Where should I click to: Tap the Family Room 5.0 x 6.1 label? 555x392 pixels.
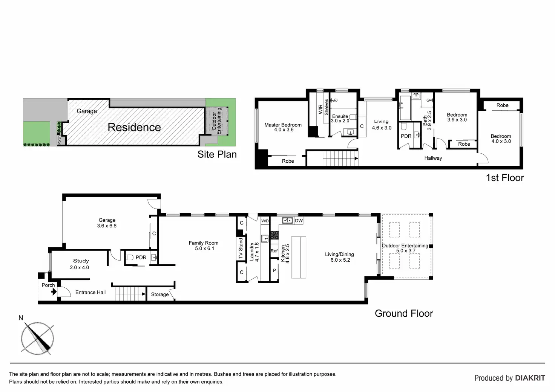point(204,246)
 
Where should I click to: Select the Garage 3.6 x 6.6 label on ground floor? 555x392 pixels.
point(107,223)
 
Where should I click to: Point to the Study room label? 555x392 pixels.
point(81,261)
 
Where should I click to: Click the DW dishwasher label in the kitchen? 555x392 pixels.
point(299,221)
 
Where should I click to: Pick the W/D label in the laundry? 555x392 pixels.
point(265,221)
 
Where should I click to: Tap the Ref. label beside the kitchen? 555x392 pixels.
point(274,251)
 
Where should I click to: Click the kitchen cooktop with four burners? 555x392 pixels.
point(274,235)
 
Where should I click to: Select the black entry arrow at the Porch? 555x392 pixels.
point(54,292)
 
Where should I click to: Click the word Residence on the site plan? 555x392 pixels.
point(134,127)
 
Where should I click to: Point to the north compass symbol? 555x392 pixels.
point(37,338)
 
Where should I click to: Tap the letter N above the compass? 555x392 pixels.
point(21,318)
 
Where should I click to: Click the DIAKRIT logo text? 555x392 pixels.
point(530,378)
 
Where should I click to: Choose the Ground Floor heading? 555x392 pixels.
point(404,313)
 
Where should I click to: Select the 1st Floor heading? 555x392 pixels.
point(505,178)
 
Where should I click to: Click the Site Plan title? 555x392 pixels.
point(217,154)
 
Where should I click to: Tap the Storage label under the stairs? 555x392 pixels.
point(160,294)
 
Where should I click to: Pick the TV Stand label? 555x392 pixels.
point(241,248)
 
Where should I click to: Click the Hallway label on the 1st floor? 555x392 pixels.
point(433,158)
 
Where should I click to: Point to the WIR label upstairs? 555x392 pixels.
point(320,109)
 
